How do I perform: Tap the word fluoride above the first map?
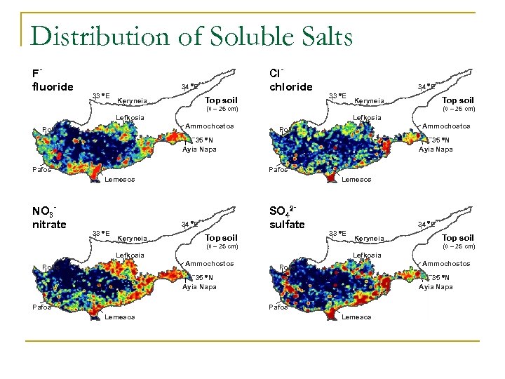point(53,86)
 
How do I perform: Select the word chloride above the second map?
point(291,86)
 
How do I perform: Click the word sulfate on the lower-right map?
point(288,224)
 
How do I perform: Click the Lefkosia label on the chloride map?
point(368,117)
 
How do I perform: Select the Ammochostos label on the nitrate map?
point(209,264)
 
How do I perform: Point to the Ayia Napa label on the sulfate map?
point(436,286)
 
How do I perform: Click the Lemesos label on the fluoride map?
point(120,180)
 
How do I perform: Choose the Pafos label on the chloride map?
point(279,169)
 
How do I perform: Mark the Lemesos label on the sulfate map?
point(356,317)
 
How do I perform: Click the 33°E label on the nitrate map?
point(101,232)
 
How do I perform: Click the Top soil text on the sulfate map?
point(458,238)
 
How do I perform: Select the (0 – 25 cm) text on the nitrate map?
point(222,246)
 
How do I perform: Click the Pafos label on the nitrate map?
point(42,307)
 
